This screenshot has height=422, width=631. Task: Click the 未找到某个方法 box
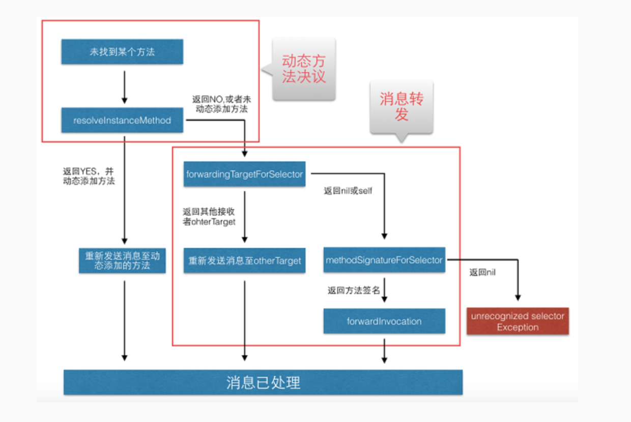click(x=122, y=52)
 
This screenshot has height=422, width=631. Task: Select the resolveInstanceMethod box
click(x=122, y=121)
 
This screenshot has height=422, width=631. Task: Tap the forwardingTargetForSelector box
click(x=244, y=174)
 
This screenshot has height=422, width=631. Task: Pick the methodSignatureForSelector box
click(x=384, y=260)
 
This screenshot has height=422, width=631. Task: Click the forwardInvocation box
click(x=384, y=321)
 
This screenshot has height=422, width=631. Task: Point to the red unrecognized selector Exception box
click(x=518, y=321)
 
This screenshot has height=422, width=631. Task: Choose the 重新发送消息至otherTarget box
click(x=244, y=261)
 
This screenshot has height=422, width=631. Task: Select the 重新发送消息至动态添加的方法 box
click(x=122, y=260)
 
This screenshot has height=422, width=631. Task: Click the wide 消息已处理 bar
click(x=263, y=382)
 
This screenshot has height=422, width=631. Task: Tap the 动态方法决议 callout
click(x=304, y=69)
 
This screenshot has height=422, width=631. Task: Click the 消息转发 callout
click(x=401, y=107)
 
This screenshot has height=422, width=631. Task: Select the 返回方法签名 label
click(x=354, y=290)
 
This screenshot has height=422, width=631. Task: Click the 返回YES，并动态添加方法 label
click(x=89, y=176)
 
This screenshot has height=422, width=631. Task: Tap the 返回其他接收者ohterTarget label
click(x=209, y=216)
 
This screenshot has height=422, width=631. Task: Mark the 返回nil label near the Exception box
click(x=482, y=273)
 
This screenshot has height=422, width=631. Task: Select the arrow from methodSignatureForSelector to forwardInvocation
click(x=384, y=291)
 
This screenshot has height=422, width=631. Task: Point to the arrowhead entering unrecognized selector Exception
click(x=518, y=297)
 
